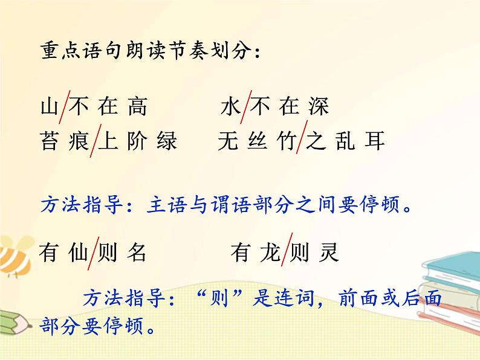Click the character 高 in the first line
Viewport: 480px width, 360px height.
pyautogui.click(x=138, y=107)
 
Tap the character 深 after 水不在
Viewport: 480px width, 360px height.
pyautogui.click(x=319, y=107)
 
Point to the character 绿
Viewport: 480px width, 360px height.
pyautogui.click(x=167, y=141)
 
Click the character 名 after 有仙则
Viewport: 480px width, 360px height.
pyautogui.click(x=137, y=251)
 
